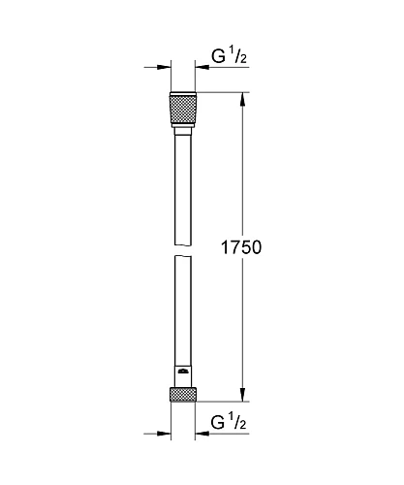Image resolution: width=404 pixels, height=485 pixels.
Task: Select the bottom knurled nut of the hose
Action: tap(184, 396)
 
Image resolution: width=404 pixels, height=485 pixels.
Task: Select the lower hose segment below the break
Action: tap(184, 310)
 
